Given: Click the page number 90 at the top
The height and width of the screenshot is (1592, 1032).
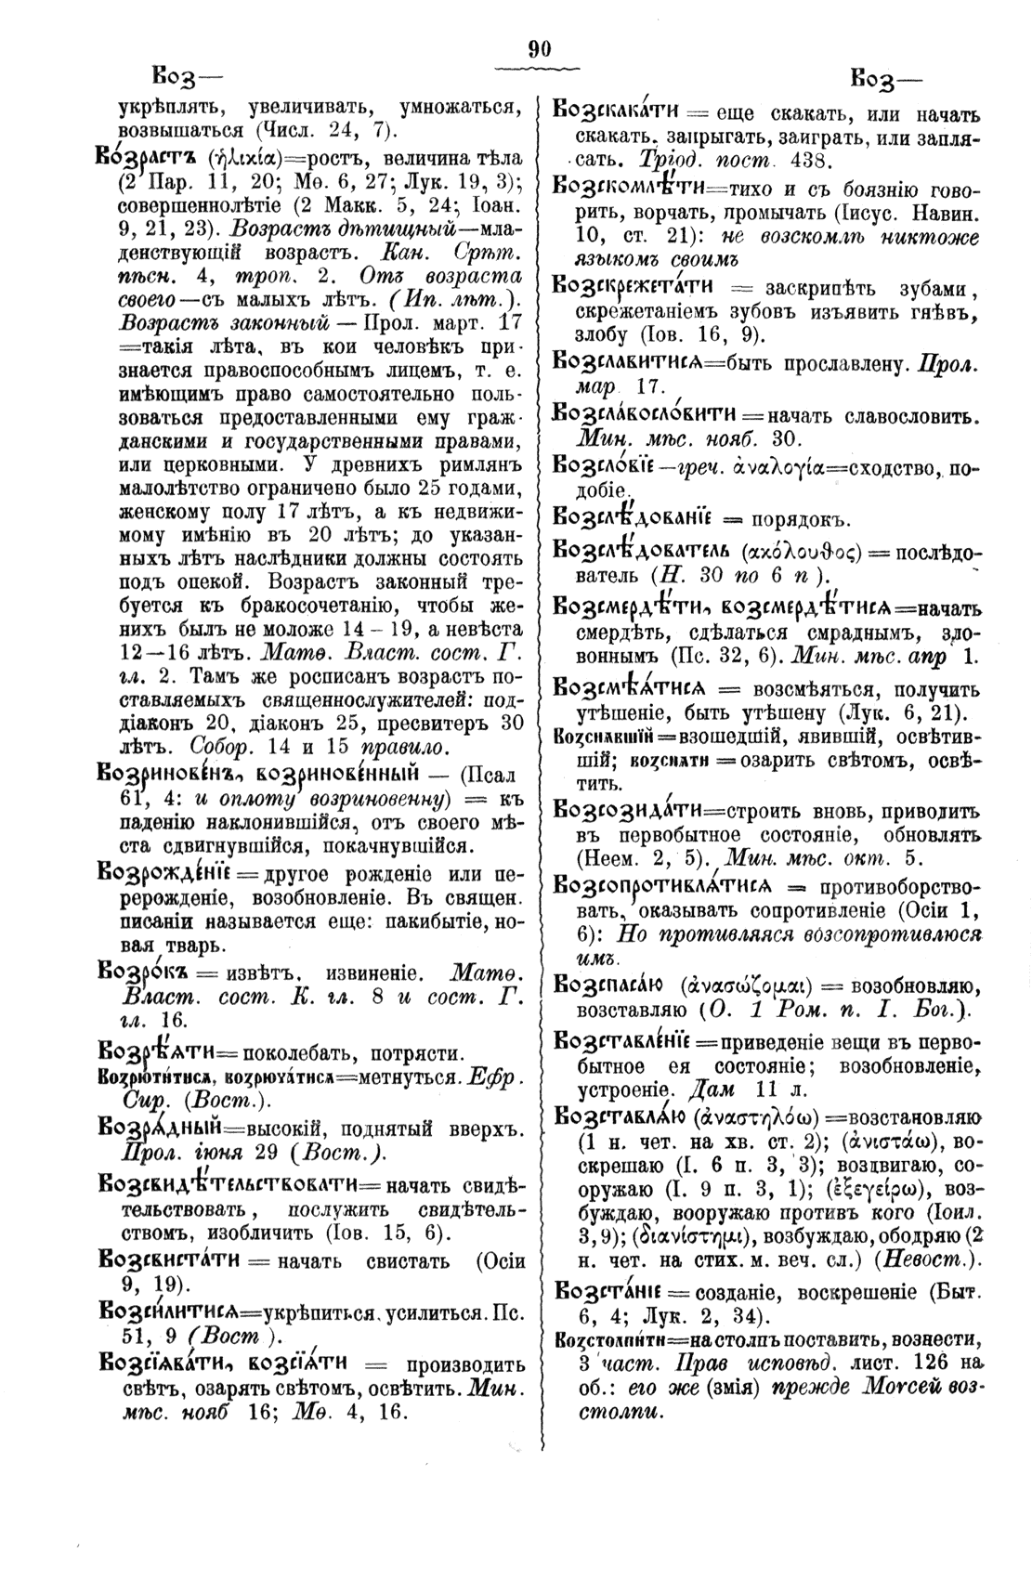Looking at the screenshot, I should [539, 50].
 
